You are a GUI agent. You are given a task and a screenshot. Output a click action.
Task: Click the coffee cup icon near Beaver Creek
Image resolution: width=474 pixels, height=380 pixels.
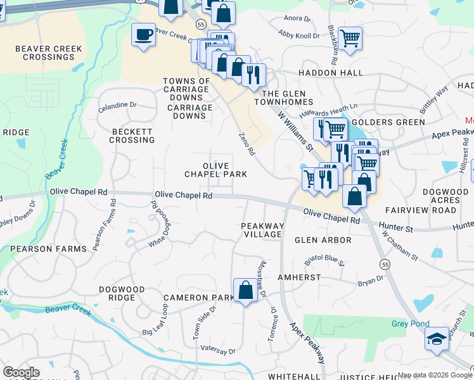point(144,34)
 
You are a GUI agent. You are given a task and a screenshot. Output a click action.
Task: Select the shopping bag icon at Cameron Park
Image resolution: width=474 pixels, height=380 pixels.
point(245,291)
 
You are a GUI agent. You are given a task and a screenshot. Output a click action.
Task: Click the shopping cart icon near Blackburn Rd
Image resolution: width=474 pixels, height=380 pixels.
point(350,38)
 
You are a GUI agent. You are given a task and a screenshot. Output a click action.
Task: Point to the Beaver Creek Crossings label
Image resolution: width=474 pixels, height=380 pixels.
point(44,53)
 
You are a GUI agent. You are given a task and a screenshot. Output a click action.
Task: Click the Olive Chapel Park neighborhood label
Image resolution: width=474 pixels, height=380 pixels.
point(215,169)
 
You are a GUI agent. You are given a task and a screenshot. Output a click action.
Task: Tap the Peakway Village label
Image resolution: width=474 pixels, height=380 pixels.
point(262,230)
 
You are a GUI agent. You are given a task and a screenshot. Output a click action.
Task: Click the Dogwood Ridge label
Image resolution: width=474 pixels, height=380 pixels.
point(122,293)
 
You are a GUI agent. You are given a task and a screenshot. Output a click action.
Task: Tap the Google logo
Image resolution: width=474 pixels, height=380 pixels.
point(21,372)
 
